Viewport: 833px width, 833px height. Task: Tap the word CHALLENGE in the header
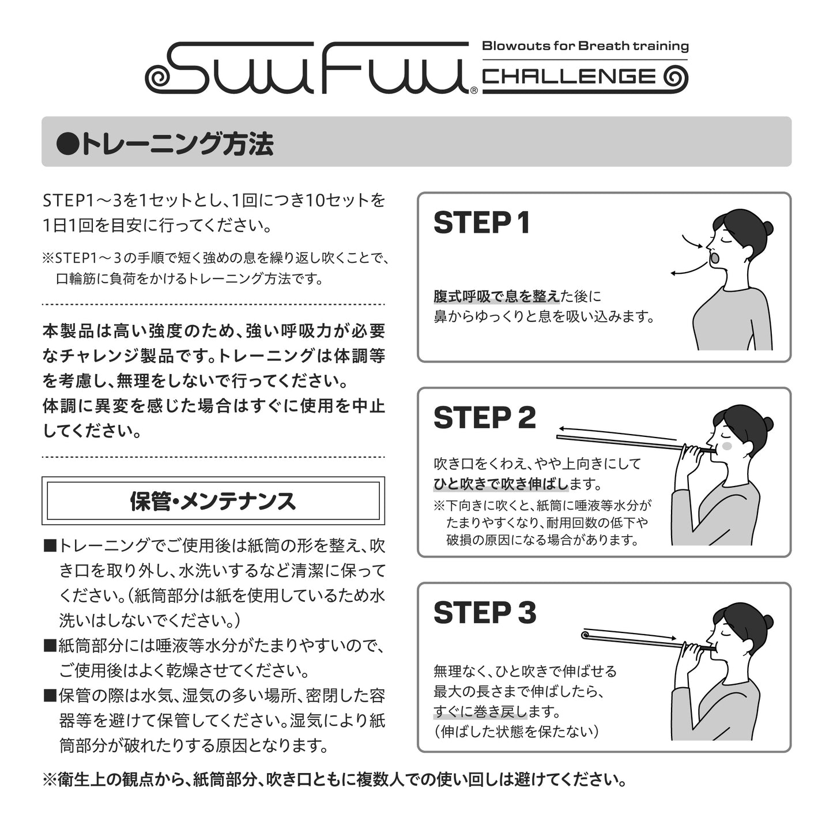pyautogui.click(x=569, y=77)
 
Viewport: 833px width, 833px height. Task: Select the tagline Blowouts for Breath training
pyautogui.click(x=585, y=46)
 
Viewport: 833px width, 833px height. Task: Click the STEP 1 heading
pyautogui.click(x=482, y=223)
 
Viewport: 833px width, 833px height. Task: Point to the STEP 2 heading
pyautogui.click(x=485, y=418)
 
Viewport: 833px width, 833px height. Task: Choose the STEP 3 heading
pyautogui.click(x=485, y=613)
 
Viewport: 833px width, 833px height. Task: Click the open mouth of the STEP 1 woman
pyautogui.click(x=715, y=258)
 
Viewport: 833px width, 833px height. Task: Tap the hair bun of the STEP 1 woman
pyautogui.click(x=767, y=227)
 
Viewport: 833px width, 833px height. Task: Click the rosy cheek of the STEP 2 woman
pyautogui.click(x=727, y=446)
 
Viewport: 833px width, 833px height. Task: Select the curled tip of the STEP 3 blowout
pyautogui.click(x=585, y=635)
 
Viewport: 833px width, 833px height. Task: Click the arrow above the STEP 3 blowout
pyautogui.click(x=630, y=634)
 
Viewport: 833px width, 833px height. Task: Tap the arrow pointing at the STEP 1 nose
pyautogui.click(x=692, y=242)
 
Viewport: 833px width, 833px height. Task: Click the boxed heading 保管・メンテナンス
pyautogui.click(x=213, y=501)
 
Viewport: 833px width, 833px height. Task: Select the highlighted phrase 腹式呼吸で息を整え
pyautogui.click(x=497, y=296)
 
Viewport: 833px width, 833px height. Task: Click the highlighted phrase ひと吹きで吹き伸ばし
pyautogui.click(x=501, y=484)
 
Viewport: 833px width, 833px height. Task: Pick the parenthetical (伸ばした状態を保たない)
pyautogui.click(x=516, y=732)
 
